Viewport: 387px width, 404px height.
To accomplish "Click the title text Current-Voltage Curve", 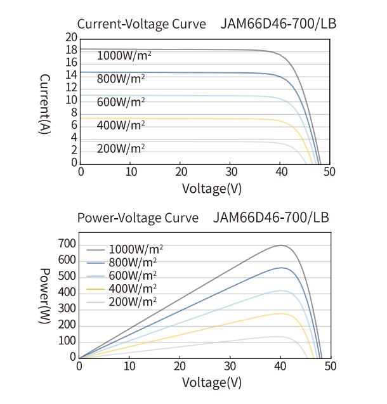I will tap(141, 25).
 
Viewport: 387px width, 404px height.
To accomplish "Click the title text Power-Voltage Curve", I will tap(138, 218).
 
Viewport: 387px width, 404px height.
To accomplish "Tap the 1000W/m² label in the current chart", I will tap(124, 55).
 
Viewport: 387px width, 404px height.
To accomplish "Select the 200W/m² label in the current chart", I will tap(121, 148).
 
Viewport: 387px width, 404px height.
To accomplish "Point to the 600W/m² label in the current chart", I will tap(121, 101).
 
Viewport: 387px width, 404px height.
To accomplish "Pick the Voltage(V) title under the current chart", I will tap(212, 188).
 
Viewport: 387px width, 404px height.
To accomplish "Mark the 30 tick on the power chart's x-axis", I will tap(232, 366).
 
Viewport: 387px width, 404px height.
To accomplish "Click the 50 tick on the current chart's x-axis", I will tap(329, 172).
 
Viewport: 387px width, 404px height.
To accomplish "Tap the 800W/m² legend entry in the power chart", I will tap(133, 261).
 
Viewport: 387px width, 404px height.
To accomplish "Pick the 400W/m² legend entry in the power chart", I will tap(133, 287).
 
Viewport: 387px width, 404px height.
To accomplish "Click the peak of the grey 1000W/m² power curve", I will tap(280, 245).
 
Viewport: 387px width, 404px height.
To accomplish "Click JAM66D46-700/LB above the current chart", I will tap(278, 25).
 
